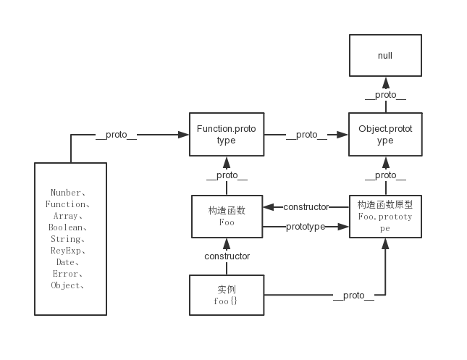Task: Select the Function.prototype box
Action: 226,134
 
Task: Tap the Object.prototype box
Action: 385,134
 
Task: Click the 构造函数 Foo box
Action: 227,217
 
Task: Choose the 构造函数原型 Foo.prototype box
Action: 385,217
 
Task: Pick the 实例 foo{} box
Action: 227,295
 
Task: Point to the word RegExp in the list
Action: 70,251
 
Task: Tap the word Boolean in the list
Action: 70,227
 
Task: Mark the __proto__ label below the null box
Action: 385,94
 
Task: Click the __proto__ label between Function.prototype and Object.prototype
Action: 306,134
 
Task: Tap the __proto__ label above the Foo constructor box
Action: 227,175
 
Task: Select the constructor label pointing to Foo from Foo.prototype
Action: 306,206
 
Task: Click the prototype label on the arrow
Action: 306,227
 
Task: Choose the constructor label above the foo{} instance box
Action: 227,256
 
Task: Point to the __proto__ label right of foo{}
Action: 353,295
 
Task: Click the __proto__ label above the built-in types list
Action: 116,134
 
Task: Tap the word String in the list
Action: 70,239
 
